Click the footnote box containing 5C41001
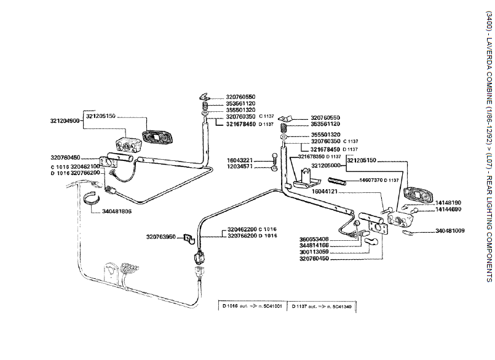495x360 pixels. click(252, 305)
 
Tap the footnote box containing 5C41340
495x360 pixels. click(322, 305)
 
